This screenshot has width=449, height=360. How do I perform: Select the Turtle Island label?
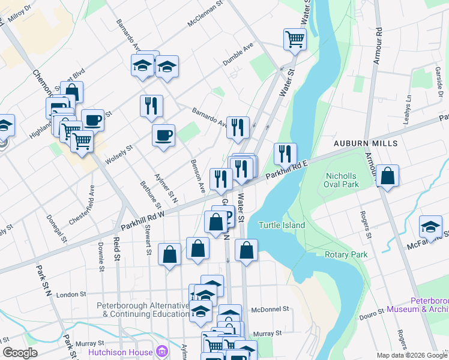[282, 225]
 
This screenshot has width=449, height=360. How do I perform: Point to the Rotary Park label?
[346, 255]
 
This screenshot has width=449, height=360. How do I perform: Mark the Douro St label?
[372, 312]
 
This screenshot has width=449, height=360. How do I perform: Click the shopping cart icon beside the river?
[295, 40]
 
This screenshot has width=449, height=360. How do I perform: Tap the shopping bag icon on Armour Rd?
[388, 176]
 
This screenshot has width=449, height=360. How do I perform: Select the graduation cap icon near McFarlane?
[430, 226]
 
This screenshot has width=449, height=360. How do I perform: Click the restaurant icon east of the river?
[285, 154]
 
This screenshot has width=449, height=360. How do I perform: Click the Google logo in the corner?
[20, 353]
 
